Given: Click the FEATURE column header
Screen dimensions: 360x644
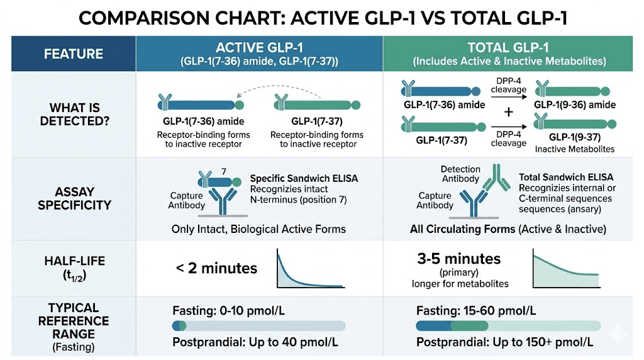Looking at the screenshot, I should click(73, 54).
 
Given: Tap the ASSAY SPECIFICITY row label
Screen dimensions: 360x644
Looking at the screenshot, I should click(74, 198).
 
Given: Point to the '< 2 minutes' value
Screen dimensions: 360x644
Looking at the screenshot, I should click(216, 269).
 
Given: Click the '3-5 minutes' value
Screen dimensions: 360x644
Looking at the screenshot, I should click(458, 259).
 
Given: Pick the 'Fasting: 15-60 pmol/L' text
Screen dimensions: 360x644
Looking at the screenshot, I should click(476, 310).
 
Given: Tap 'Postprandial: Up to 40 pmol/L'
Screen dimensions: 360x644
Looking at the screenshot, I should click(255, 342).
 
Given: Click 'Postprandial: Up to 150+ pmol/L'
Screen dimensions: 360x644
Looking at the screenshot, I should click(504, 342).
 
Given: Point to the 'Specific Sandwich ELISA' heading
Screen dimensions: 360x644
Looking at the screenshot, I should click(304, 178).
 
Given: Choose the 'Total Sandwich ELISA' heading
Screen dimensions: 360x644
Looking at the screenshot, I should click(565, 177).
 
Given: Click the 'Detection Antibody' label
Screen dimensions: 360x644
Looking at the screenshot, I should click(460, 174).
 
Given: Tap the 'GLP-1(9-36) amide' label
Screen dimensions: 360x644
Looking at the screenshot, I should click(575, 104).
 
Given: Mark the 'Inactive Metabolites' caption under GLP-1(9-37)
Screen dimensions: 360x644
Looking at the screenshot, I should click(575, 149).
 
